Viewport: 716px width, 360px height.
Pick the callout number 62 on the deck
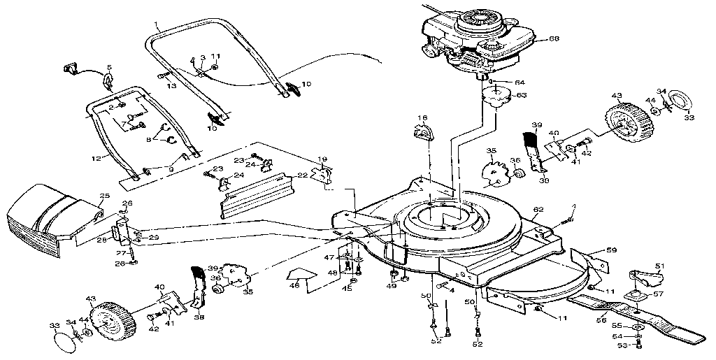point(538,209)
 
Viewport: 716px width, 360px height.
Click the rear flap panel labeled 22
point(259,196)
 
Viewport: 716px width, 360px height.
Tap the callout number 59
point(611,249)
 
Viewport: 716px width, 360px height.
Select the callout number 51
point(659,266)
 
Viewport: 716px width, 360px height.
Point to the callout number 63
point(521,95)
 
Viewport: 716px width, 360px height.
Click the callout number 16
point(422,118)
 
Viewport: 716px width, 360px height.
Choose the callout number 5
point(108,68)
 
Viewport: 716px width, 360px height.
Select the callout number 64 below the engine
point(520,83)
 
